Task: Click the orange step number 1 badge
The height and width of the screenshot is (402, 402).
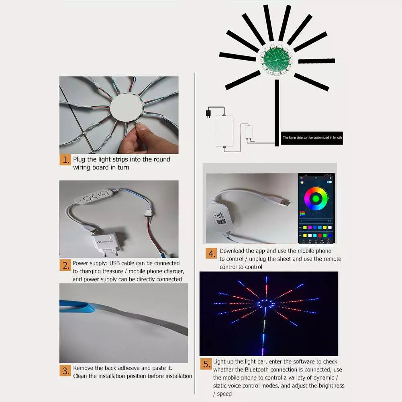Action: [65, 160]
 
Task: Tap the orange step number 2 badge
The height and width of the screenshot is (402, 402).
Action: [65, 265]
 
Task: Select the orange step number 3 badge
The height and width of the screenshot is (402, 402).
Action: [65, 370]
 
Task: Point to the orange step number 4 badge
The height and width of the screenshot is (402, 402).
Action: [212, 253]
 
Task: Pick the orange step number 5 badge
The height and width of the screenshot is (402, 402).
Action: [206, 364]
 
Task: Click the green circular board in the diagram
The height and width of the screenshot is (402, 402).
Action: [276, 59]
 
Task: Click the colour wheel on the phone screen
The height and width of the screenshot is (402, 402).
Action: [316, 198]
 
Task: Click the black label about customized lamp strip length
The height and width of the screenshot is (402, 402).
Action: [312, 138]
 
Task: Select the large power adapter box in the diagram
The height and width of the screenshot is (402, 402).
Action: [224, 131]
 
